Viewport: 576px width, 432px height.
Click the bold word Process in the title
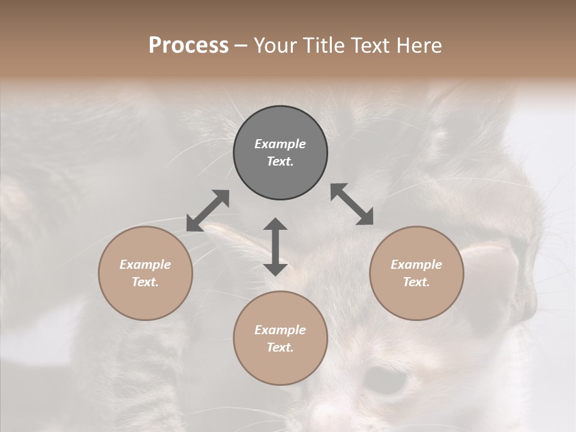[188, 46]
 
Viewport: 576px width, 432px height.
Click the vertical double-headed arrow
[275, 247]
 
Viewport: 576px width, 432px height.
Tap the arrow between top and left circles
[208, 211]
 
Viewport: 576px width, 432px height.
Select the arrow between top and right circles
[352, 204]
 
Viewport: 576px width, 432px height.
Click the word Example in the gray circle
[280, 144]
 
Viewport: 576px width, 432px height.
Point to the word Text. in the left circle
[145, 282]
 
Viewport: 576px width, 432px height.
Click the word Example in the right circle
[416, 265]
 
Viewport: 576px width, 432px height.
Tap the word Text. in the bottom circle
[280, 347]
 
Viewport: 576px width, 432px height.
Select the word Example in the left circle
[145, 265]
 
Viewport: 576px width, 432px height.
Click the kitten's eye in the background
[388, 380]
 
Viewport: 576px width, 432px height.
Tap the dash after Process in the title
[241, 46]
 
